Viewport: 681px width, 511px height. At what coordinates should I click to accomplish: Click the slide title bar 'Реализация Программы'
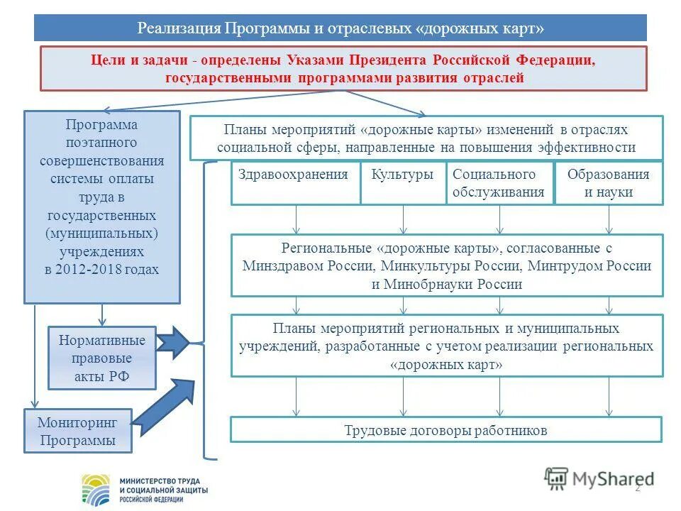click(340, 28)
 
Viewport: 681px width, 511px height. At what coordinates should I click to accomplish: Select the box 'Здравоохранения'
click(294, 183)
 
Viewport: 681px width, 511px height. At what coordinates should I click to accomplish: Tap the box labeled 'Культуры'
click(402, 183)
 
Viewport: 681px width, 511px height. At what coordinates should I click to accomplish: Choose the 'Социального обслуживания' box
click(499, 183)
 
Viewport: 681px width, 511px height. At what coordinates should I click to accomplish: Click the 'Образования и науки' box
click(609, 183)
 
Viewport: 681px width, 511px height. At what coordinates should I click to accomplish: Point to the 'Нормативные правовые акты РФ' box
click(101, 358)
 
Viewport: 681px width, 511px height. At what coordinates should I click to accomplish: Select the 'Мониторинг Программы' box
click(78, 432)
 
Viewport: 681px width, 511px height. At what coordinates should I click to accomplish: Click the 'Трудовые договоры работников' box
click(445, 430)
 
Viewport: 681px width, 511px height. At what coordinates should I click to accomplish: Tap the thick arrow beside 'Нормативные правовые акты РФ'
click(172, 344)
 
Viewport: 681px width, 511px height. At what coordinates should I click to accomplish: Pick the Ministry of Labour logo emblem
click(96, 488)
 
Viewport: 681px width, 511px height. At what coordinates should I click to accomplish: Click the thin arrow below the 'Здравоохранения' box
click(297, 220)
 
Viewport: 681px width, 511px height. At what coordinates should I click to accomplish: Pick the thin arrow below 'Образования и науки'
click(609, 220)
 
